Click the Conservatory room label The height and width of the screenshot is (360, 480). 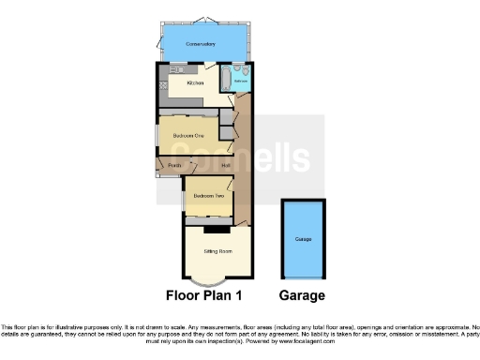pyautogui.click(x=201, y=44)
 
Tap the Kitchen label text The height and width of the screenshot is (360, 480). pyautogui.click(x=195, y=84)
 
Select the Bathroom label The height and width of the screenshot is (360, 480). pyautogui.click(x=240, y=82)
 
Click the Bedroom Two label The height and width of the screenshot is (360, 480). pyautogui.click(x=207, y=195)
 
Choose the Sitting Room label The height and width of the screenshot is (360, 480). pyautogui.click(x=217, y=254)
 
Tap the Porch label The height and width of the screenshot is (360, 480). pyautogui.click(x=174, y=167)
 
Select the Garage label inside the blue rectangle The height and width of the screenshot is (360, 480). pyautogui.click(x=303, y=240)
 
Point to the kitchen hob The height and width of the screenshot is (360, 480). pyautogui.click(x=163, y=86)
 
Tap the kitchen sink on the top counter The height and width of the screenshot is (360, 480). pyautogui.click(x=177, y=69)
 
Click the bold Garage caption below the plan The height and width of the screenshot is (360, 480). pyautogui.click(x=302, y=295)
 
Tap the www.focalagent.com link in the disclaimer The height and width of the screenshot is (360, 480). pyautogui.click(x=301, y=341)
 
